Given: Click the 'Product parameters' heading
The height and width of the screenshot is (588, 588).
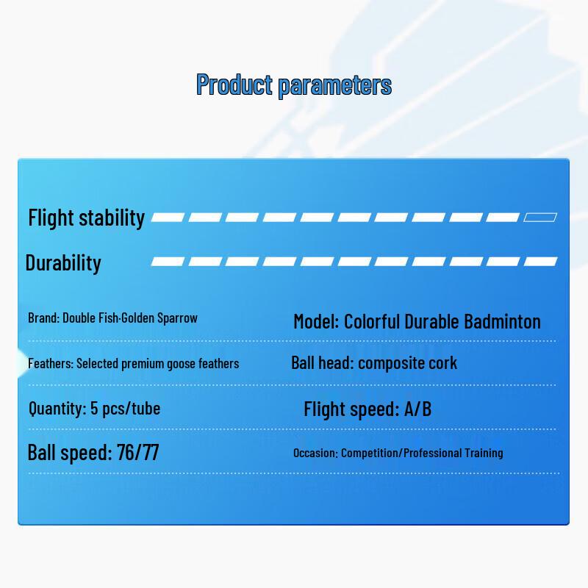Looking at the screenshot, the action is (x=294, y=85).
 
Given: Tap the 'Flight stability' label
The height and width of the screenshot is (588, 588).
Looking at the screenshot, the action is (x=86, y=218).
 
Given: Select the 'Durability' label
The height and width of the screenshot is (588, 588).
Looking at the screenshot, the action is (x=63, y=262).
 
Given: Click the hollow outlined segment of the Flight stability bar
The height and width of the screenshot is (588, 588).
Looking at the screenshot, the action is (x=540, y=217).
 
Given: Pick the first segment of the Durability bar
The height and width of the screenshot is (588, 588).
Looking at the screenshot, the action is (x=168, y=262).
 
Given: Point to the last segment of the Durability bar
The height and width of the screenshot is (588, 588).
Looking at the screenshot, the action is (x=540, y=262).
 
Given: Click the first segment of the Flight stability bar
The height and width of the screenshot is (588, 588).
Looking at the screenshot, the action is (x=168, y=217).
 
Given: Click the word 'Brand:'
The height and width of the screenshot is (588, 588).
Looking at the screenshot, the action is (x=44, y=318).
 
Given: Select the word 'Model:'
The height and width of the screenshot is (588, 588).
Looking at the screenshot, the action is (x=316, y=321).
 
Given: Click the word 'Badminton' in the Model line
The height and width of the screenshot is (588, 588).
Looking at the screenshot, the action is (x=503, y=321).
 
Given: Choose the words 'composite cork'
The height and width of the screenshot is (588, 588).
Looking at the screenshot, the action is (x=408, y=363).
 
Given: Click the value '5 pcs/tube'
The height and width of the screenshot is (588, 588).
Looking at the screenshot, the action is (x=125, y=409).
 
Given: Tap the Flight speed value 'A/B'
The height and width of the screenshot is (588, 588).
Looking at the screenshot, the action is (x=417, y=409).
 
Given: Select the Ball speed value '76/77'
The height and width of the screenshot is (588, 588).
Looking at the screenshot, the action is (x=138, y=452).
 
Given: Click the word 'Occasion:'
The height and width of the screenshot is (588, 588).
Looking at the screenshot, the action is (x=316, y=453).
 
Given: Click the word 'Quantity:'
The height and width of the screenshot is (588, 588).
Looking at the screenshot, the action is (x=58, y=409).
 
